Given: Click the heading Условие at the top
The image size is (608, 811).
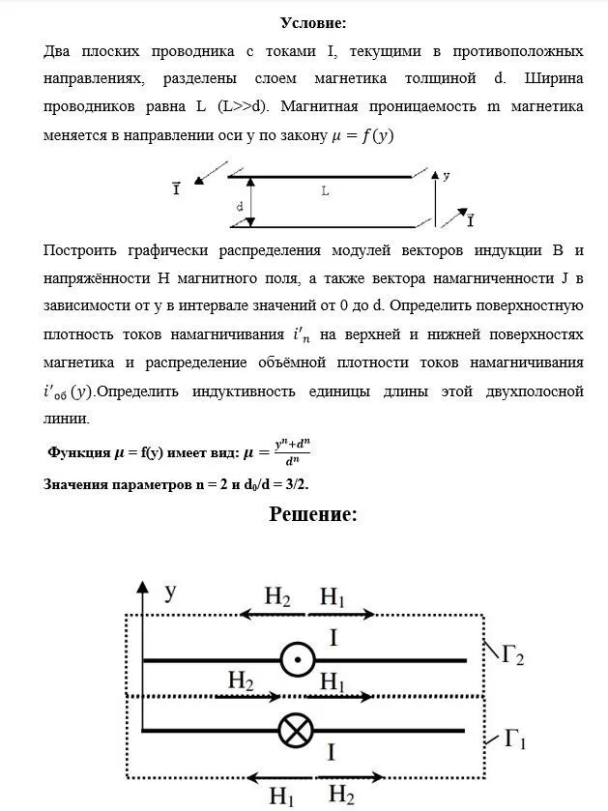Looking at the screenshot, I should point(313,22).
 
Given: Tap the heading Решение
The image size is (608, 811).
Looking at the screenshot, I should point(313,514).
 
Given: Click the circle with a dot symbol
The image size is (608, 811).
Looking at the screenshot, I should point(298,660).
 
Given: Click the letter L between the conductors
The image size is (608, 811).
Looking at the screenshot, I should point(325,192).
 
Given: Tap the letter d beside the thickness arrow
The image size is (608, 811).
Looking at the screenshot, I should point(240,206).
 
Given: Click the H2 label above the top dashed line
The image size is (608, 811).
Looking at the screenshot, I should point(277,597).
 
